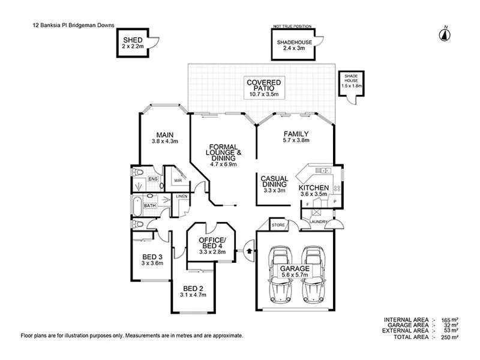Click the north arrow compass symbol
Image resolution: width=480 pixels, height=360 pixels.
[445, 34]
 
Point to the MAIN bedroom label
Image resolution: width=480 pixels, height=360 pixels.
[165, 134]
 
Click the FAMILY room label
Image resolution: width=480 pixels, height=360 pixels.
[295, 134]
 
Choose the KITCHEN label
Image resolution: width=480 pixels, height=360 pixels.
[313, 187]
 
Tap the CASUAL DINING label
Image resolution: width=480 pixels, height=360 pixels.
[275, 182]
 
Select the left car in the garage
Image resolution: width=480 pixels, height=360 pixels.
[280, 273]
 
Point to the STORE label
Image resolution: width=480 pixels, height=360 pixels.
[278, 226]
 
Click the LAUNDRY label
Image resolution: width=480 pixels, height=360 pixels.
[318, 222]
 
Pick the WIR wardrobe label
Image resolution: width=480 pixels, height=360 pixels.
[178, 179]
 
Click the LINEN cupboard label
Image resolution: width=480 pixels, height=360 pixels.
[181, 196]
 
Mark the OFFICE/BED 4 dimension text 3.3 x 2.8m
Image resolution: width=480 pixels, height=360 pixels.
[211, 252]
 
